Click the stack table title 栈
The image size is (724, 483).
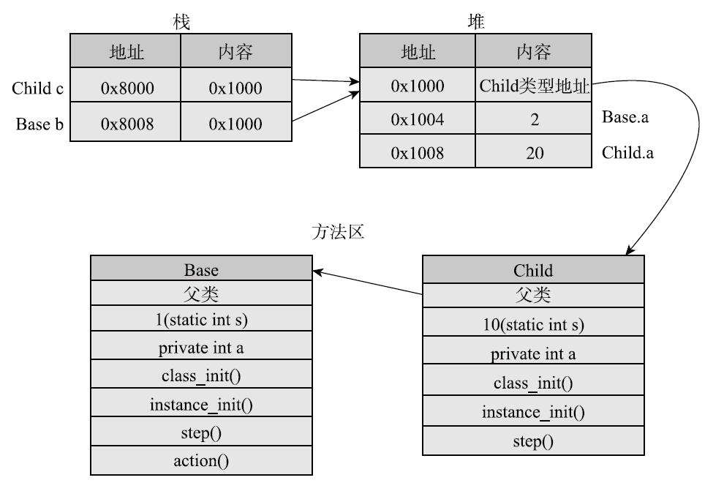point(181,22)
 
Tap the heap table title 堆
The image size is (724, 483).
point(476,22)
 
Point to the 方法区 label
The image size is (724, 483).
point(337,233)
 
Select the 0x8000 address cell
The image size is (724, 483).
point(127,88)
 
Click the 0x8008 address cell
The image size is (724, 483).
point(127,124)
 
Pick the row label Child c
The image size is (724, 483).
point(37,89)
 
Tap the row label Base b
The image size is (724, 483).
point(39,124)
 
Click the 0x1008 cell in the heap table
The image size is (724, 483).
point(418,153)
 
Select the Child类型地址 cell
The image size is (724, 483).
point(534,86)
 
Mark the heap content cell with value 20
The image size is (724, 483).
point(534,153)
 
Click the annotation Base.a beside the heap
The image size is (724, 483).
point(625,117)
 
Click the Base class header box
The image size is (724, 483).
point(201,269)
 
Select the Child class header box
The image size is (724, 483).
point(533,269)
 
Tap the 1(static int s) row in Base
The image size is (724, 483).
point(201,320)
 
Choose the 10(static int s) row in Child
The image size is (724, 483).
point(533,324)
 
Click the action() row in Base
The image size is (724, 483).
point(201,460)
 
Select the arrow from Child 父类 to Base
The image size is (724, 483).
point(368,282)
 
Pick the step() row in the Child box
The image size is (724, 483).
point(533,441)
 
